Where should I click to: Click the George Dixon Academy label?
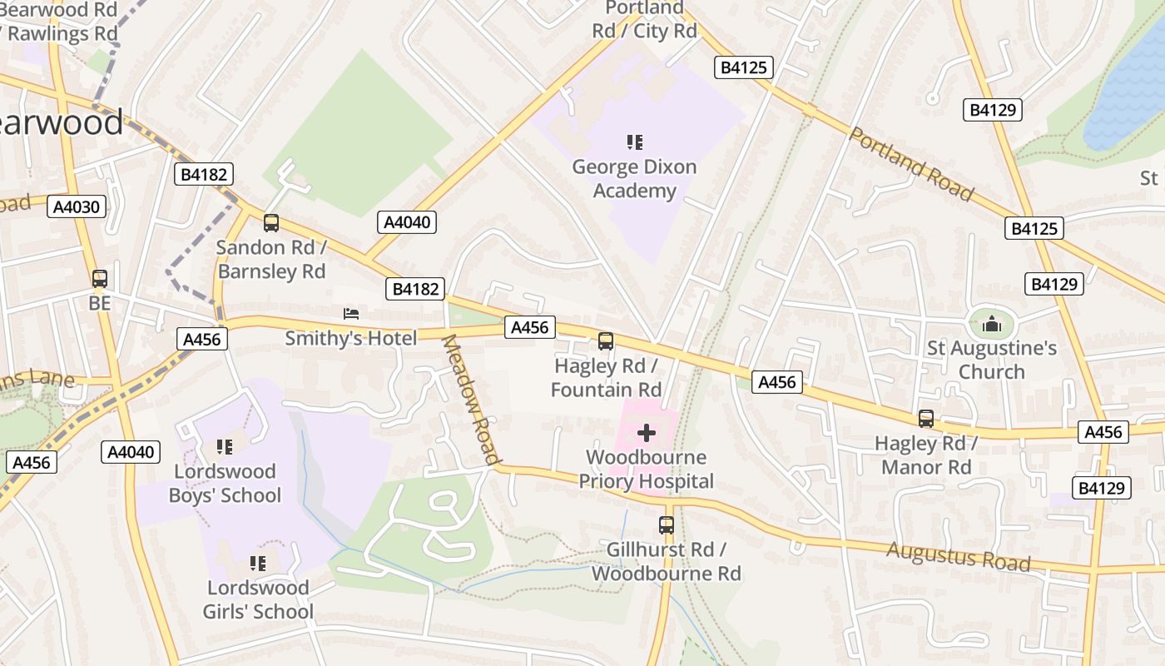pyautogui.click(x=634, y=179)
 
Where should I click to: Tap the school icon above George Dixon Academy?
pyautogui.click(x=635, y=142)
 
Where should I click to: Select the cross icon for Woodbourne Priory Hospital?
pyautogui.click(x=647, y=433)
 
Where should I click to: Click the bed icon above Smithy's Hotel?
pyautogui.click(x=351, y=314)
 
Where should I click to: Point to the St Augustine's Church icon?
pyautogui.click(x=991, y=324)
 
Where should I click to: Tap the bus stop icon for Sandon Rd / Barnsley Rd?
pyautogui.click(x=271, y=223)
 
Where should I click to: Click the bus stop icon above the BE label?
pyautogui.click(x=100, y=279)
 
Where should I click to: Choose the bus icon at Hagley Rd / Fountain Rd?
pyautogui.click(x=606, y=341)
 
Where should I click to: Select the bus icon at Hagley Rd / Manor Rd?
pyautogui.click(x=926, y=419)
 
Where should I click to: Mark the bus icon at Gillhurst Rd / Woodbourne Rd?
pyautogui.click(x=666, y=525)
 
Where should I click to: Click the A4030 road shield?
pyautogui.click(x=77, y=207)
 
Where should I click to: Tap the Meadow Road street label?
pyautogui.click(x=471, y=399)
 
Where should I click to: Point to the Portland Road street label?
pyautogui.click(x=910, y=164)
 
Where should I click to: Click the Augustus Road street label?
pyautogui.click(x=958, y=556)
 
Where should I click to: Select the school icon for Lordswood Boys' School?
pyautogui.click(x=224, y=447)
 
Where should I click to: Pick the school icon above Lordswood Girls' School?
pyautogui.click(x=258, y=564)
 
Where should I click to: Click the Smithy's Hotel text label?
pyautogui.click(x=350, y=338)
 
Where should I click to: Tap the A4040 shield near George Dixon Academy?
pyautogui.click(x=408, y=222)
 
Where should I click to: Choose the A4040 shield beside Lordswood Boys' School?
pyautogui.click(x=131, y=452)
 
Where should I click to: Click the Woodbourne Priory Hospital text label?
pyautogui.click(x=647, y=470)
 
